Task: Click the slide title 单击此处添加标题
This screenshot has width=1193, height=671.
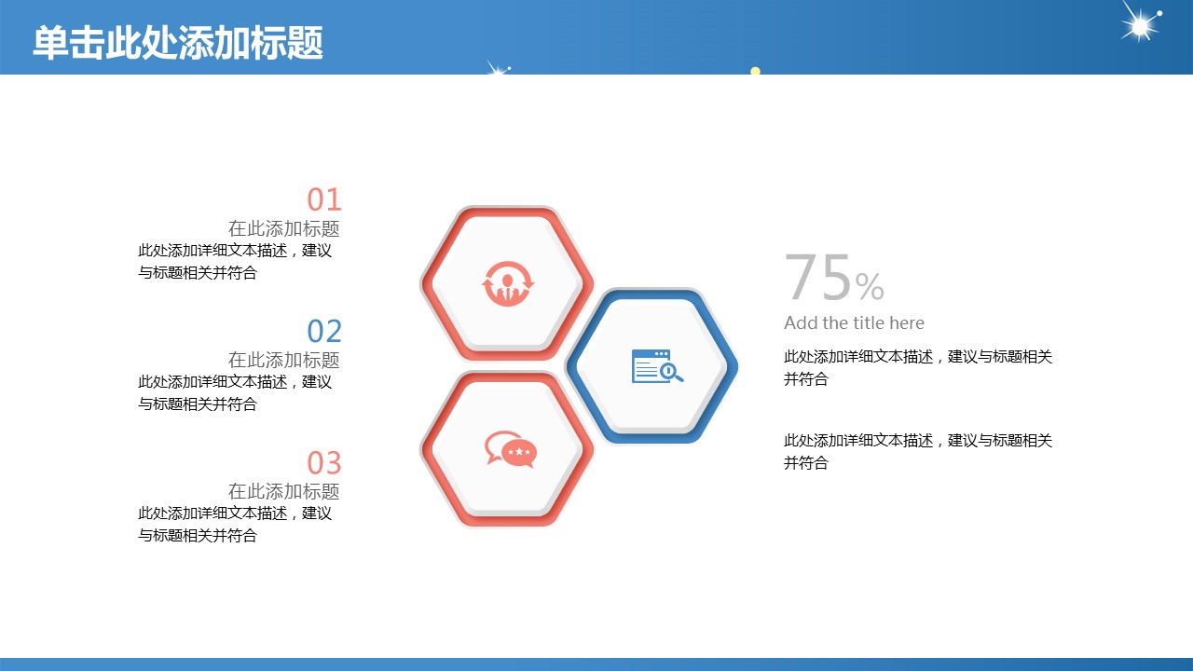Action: click(x=178, y=43)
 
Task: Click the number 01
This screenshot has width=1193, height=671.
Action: click(x=323, y=199)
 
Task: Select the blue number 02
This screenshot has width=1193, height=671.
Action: click(x=323, y=331)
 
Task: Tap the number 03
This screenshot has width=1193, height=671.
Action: click(x=323, y=463)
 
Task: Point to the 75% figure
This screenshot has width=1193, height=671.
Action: click(x=834, y=278)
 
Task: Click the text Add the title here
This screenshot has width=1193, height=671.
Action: click(x=854, y=322)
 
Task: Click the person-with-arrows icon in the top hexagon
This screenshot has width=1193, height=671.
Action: click(x=508, y=284)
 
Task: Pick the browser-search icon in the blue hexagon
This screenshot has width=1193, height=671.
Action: click(x=657, y=366)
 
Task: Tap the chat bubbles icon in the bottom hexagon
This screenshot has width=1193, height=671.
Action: click(x=510, y=449)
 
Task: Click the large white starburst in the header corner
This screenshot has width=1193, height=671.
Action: click(x=1140, y=25)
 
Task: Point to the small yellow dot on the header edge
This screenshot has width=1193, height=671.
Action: click(x=755, y=71)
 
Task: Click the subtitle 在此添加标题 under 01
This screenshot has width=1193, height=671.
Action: click(x=284, y=228)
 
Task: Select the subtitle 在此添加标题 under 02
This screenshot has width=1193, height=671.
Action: click(x=284, y=360)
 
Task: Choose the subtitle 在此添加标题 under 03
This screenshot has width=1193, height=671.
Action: click(x=284, y=491)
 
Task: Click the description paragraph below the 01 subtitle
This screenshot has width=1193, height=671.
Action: click(x=235, y=262)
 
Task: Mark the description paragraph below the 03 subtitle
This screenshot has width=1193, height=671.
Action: click(x=235, y=525)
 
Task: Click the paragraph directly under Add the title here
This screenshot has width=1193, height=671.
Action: click(x=918, y=367)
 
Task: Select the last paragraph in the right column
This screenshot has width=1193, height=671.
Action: click(x=918, y=452)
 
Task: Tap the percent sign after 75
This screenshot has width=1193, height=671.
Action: click(x=870, y=286)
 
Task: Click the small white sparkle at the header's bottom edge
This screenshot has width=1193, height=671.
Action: click(x=498, y=69)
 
